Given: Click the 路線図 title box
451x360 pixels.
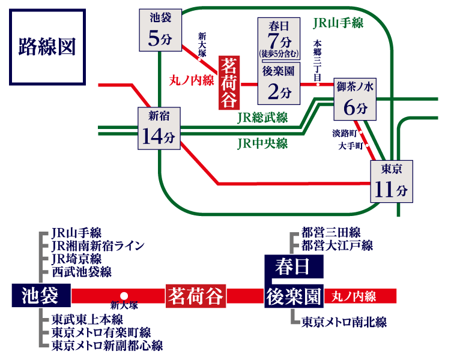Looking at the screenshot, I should (47, 47).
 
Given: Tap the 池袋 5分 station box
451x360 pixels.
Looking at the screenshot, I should (159, 30).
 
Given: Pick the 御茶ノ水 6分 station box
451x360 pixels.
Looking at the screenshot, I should (355, 100).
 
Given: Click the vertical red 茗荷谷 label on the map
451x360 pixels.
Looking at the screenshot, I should (229, 83).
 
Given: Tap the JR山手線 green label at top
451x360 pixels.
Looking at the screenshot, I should (338, 23).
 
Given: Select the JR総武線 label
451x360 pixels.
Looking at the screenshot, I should (262, 117).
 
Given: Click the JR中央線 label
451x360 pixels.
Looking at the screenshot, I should (262, 143).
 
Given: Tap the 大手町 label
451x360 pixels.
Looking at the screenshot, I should (350, 145).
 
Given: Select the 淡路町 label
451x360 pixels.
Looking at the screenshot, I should (345, 133).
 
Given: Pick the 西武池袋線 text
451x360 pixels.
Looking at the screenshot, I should (81, 271).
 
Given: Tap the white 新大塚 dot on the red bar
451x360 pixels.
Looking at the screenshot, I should (124, 295).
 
